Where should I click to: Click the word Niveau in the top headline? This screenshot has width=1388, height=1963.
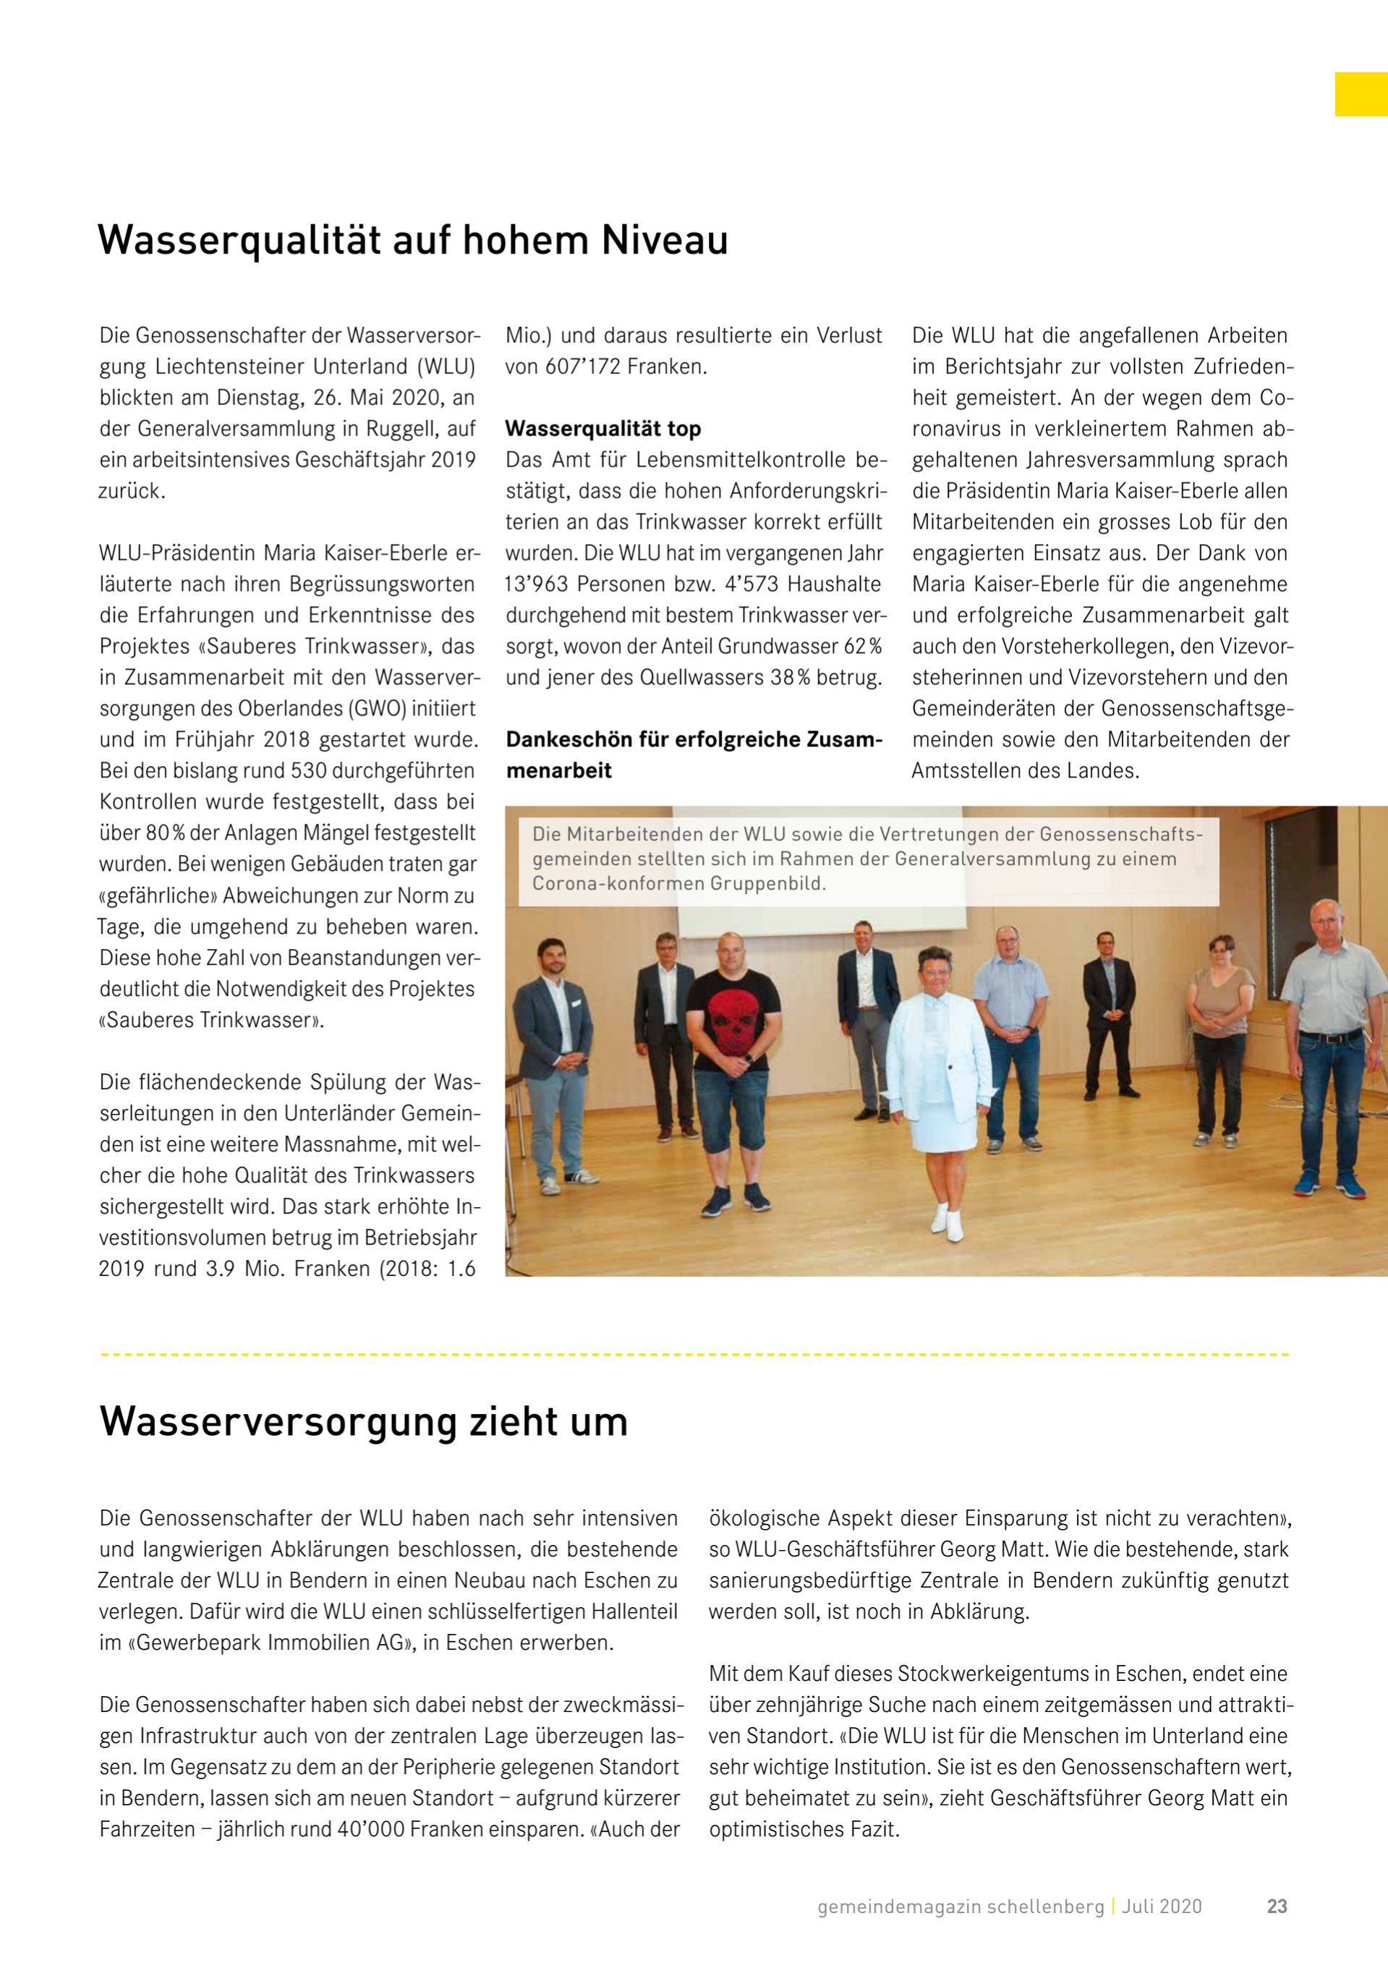[664, 240]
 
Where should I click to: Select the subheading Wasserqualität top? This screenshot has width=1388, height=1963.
[603, 428]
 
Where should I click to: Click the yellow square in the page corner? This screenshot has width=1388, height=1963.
[1361, 94]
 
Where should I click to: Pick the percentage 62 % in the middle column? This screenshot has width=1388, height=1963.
[862, 647]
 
